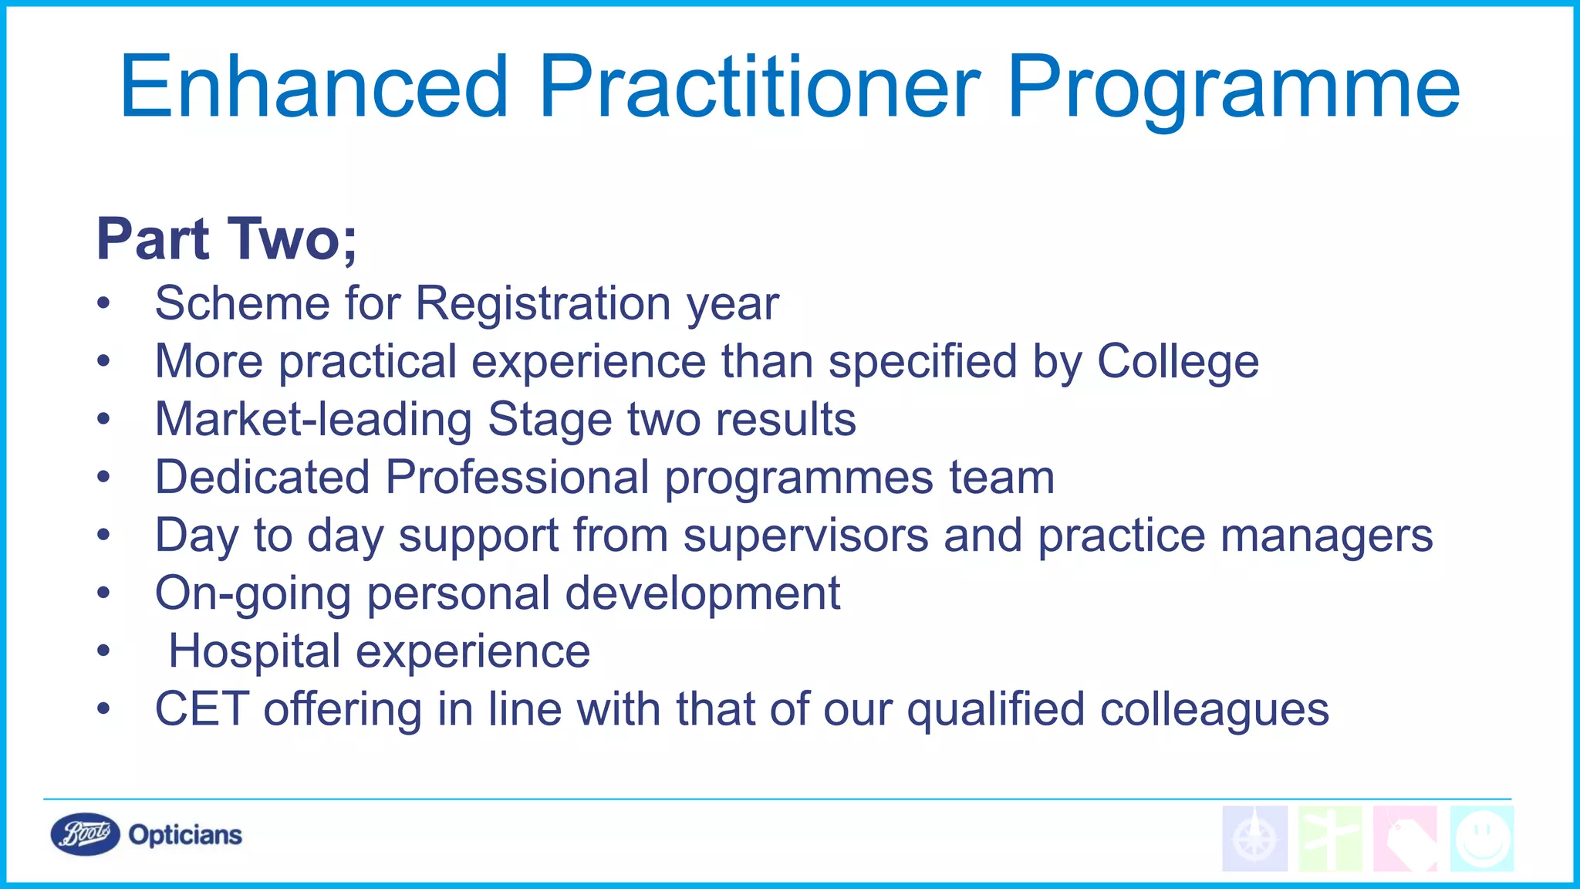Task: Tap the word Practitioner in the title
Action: (759, 86)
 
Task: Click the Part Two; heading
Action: (227, 238)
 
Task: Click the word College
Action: (1177, 361)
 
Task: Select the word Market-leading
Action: (313, 419)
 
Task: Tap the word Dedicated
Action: (262, 477)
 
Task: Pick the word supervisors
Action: (805, 536)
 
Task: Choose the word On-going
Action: (253, 593)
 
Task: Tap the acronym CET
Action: (202, 709)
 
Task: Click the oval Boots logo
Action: (85, 834)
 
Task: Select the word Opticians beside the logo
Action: (185, 835)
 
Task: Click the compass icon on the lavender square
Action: (1254, 839)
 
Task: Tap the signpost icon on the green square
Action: (1330, 839)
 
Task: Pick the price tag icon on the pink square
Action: (1406, 839)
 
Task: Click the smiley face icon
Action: (1482, 839)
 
